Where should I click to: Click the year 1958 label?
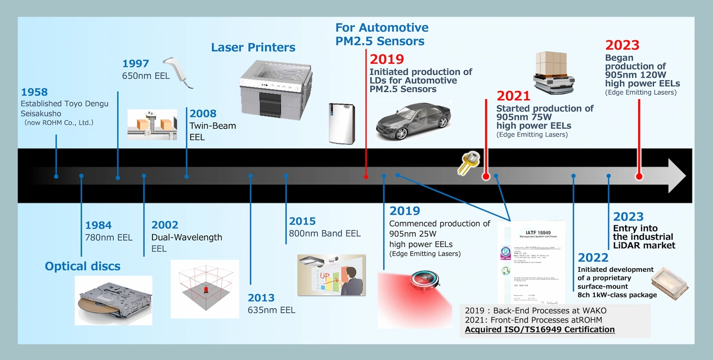(x=34, y=92)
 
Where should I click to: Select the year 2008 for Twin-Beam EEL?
(x=203, y=114)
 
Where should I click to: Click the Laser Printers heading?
(x=253, y=48)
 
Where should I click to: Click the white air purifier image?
(x=342, y=123)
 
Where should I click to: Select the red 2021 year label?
(x=513, y=96)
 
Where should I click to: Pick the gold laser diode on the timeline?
(x=469, y=162)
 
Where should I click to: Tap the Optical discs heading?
(x=83, y=266)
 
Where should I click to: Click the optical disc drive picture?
(x=113, y=301)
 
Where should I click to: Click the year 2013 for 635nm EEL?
(x=261, y=298)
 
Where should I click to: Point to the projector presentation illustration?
(x=331, y=275)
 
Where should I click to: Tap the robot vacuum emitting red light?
(x=424, y=279)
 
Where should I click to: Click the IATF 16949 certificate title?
(x=538, y=233)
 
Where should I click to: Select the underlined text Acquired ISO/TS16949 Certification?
(x=539, y=329)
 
